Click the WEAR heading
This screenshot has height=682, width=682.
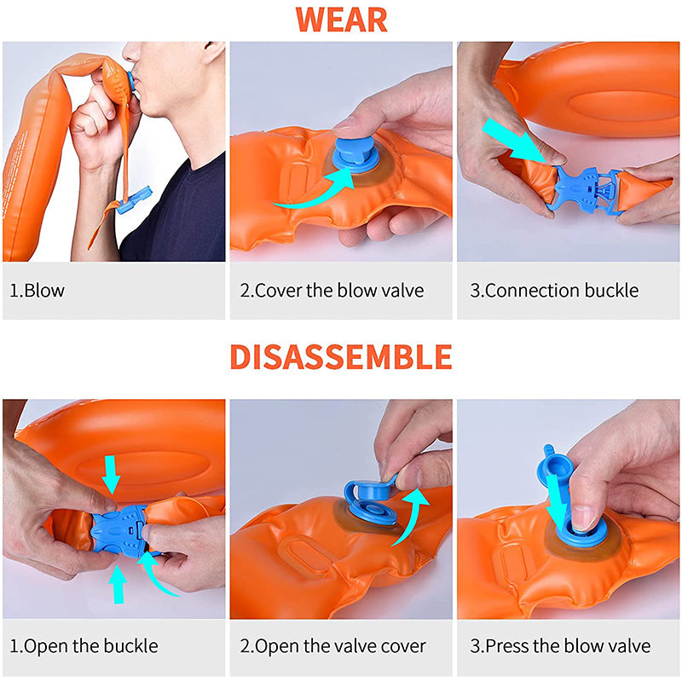tap(342, 20)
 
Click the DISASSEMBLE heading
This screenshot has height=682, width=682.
tap(341, 356)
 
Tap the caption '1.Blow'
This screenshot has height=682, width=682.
tap(37, 291)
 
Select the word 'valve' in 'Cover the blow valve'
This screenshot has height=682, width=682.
tap(402, 291)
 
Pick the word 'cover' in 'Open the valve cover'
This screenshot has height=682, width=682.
tap(402, 646)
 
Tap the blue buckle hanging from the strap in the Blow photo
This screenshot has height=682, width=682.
tap(134, 200)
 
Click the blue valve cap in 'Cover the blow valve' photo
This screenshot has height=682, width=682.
tap(352, 154)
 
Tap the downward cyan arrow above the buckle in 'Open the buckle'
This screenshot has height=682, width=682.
tap(112, 474)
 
